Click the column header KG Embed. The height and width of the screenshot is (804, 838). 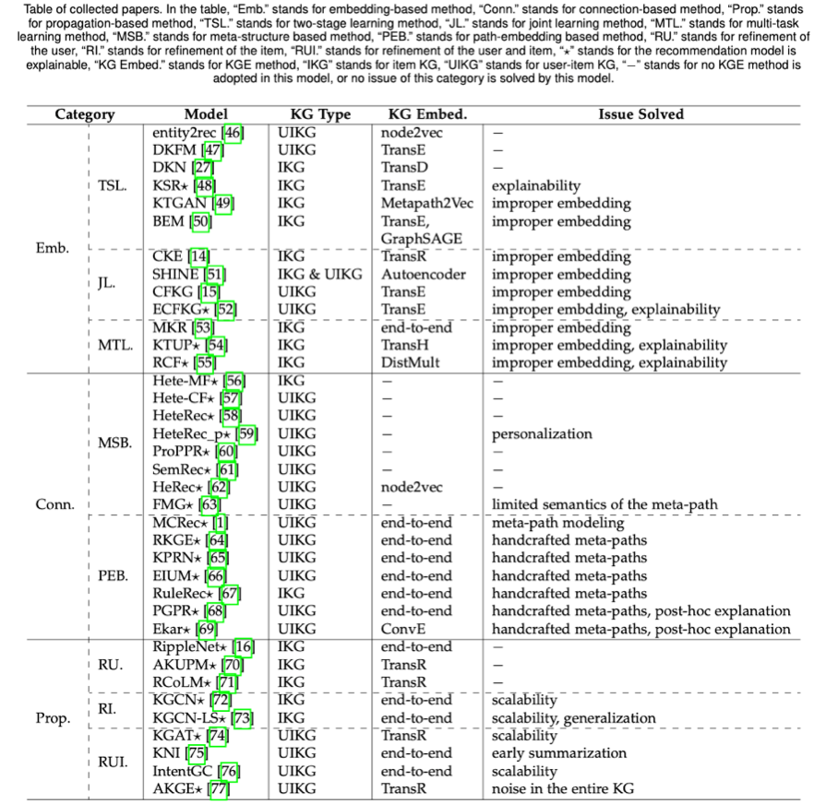point(427,114)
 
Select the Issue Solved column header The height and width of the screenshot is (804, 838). point(640,114)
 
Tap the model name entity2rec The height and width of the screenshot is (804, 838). point(184,133)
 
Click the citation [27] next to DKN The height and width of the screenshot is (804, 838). point(203,168)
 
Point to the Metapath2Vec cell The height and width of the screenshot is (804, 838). point(427,204)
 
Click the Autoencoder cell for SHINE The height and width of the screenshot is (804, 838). point(424,274)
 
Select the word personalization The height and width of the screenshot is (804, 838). point(542,434)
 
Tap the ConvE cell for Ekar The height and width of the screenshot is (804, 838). point(403,630)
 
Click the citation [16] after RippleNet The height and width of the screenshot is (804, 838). point(244,647)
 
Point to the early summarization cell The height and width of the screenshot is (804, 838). point(558,754)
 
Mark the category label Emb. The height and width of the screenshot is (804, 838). point(53,248)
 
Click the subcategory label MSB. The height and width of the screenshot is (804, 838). point(114,443)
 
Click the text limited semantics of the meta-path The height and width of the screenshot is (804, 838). point(605,504)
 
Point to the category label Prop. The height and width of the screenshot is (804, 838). point(53,718)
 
